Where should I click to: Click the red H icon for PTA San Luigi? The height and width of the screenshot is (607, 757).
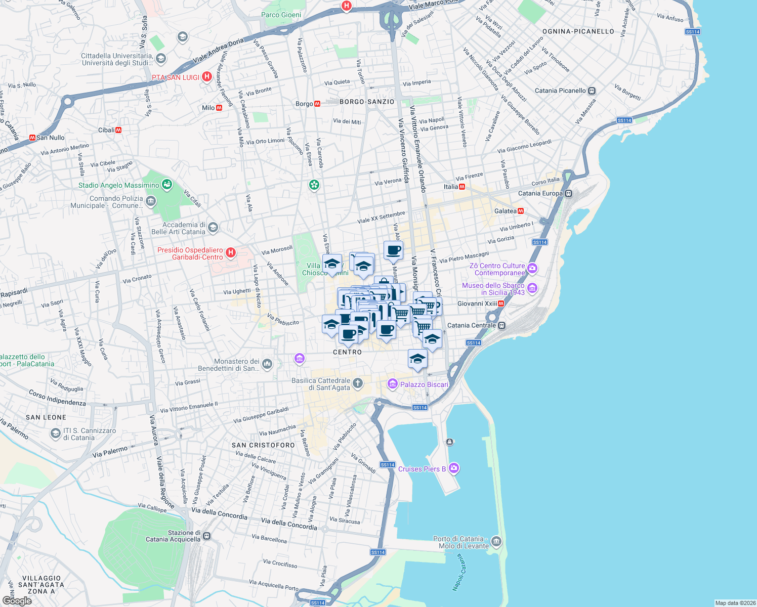point(206,77)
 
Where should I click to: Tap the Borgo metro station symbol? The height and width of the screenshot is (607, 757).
point(317,104)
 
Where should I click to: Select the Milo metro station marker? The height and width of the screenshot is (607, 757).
point(219,108)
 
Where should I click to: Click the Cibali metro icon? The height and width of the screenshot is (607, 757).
point(118,130)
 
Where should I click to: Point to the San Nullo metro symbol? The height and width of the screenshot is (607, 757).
point(32,138)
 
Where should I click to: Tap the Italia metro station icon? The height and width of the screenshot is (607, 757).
point(461,187)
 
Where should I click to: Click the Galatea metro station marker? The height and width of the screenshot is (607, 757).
point(521,211)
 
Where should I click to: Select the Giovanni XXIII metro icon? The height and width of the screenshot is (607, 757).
point(501,303)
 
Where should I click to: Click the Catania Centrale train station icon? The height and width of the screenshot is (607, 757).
point(501,325)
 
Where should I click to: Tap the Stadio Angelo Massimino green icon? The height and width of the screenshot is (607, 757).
point(166,185)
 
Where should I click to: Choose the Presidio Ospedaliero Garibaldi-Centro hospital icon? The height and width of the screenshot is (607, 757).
point(231,252)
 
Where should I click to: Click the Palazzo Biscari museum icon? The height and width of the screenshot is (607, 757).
point(392,384)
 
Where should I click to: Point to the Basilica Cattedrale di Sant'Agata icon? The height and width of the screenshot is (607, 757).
point(358,383)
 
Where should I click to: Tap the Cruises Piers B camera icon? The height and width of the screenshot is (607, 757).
point(454,468)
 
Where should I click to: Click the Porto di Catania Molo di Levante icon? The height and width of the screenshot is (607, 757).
point(496,542)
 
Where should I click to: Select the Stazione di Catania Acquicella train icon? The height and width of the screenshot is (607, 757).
point(206,536)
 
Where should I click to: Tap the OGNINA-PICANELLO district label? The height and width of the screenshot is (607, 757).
point(578,31)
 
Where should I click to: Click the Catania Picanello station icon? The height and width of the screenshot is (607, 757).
point(592,91)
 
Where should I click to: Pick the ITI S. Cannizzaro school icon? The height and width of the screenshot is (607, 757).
point(55,433)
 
